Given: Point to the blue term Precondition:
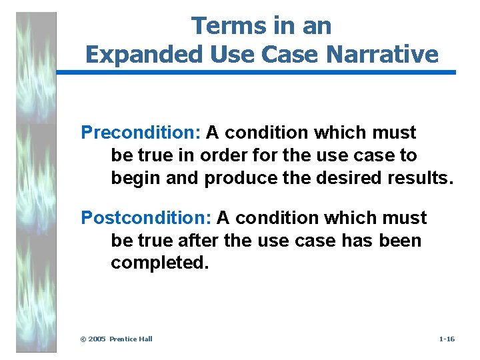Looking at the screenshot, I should tap(141, 133).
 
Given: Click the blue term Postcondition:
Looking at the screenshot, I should tap(146, 218).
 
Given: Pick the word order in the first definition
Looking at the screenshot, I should tap(230, 155).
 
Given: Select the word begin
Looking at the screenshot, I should tap(133, 178).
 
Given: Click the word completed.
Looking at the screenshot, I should tap(160, 263).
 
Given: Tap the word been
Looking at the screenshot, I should tap(400, 240).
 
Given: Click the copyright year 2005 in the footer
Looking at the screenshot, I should tap(98, 339).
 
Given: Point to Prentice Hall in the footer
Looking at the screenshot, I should tap(131, 339).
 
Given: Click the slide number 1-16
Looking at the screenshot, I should tap(447, 339).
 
